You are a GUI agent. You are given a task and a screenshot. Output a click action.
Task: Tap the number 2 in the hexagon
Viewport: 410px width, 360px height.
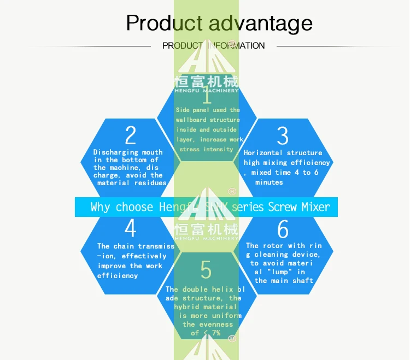tap(130, 135)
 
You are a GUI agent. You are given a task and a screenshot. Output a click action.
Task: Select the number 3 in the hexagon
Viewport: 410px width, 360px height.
tap(283, 135)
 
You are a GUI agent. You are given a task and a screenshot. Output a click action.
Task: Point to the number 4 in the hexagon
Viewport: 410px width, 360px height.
tap(130, 229)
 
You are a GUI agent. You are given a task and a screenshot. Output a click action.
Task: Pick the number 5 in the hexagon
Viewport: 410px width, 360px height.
tap(206, 269)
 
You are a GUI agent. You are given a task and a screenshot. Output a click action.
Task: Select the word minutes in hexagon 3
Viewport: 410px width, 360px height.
tap(269, 182)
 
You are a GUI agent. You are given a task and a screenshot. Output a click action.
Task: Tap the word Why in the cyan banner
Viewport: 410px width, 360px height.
tap(100, 208)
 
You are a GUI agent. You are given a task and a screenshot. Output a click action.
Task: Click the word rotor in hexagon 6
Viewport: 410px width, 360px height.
tap(276, 246)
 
